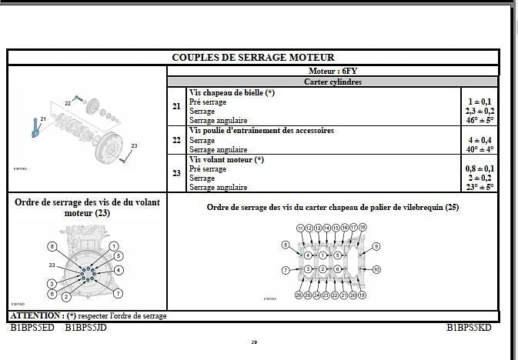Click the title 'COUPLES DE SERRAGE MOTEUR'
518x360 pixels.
253,57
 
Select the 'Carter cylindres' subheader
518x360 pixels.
333,81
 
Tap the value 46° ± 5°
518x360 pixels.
480,120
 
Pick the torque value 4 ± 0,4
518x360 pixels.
480,140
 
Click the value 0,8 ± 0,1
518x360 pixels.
480,168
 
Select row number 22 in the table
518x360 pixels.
177,140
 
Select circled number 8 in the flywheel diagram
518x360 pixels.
52,246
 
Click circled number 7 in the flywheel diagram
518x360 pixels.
118,293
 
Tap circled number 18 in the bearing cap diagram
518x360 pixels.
362,228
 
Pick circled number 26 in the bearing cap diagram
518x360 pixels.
299,295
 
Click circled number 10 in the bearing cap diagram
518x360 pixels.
376,269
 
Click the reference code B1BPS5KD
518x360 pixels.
469,327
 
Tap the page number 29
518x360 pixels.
254,342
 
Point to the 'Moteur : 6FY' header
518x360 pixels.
333,70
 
